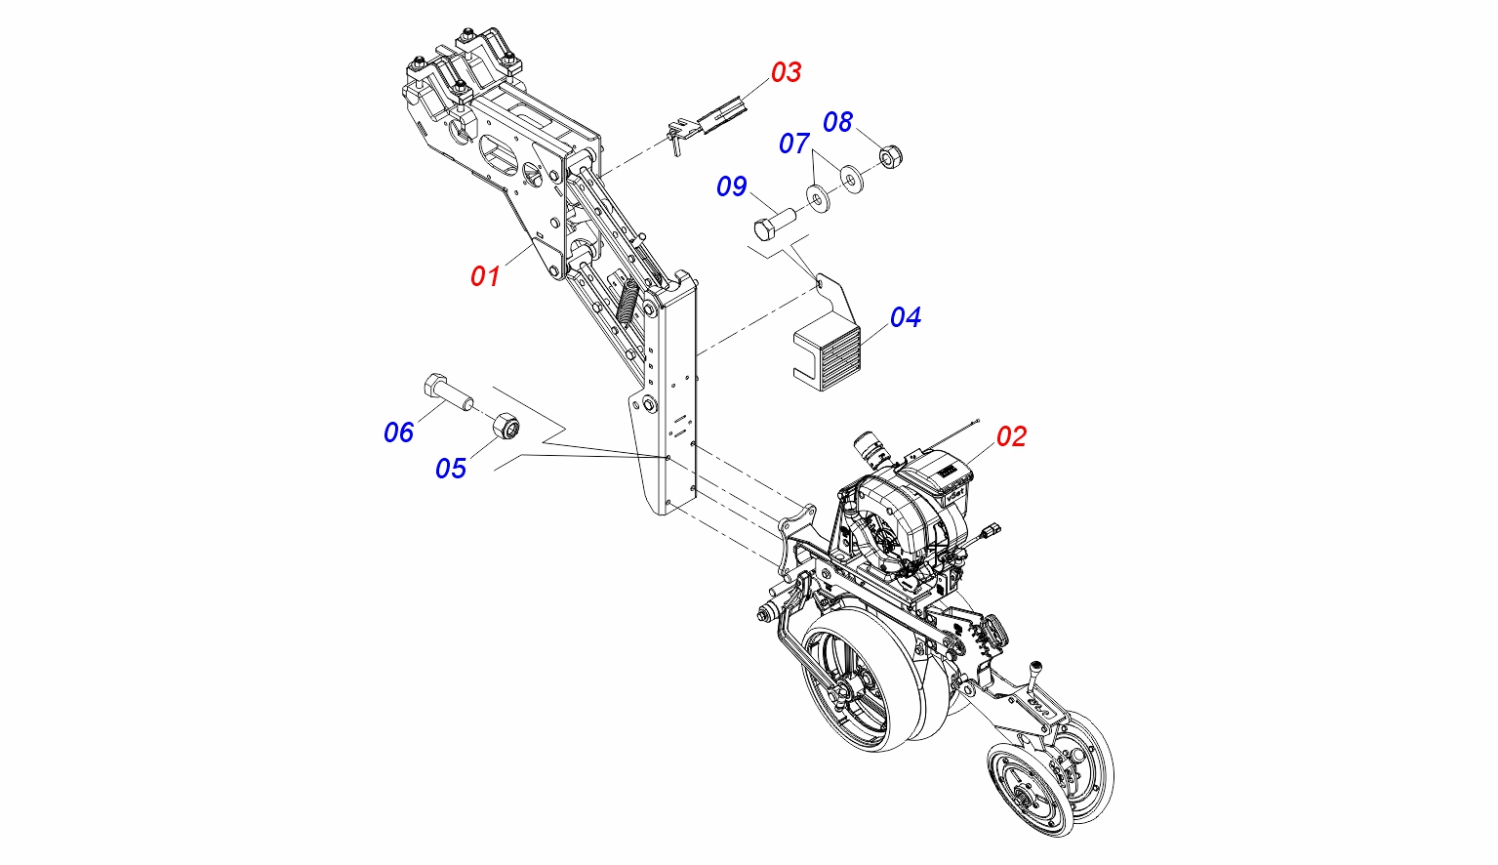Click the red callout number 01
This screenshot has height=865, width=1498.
485,276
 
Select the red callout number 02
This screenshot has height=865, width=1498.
1011,436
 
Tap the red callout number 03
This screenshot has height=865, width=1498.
786,72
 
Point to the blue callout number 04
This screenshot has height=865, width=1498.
905,317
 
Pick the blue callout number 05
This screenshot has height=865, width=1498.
451,469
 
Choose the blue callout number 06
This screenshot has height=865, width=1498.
398,432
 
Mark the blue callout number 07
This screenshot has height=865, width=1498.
793,144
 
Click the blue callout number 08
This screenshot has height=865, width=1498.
837,122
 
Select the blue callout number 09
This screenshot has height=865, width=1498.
731,186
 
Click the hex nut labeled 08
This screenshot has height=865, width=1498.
890,156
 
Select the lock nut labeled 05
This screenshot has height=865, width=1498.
505,426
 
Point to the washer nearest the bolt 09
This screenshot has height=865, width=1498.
816,199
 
